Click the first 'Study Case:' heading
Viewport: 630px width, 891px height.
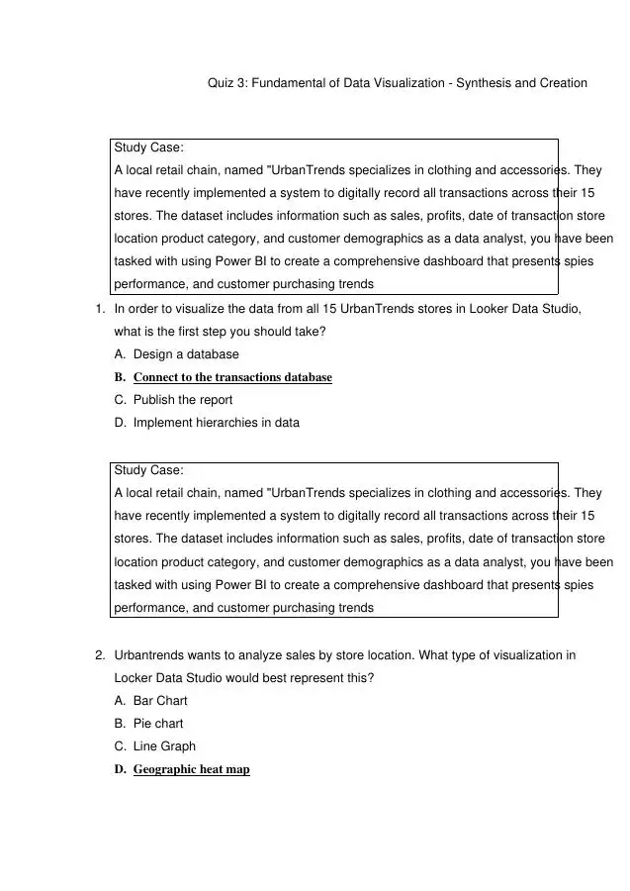pos(148,148)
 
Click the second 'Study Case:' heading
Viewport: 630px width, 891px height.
pos(148,470)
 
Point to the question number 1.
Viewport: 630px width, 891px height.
pos(100,309)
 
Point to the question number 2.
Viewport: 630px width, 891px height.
pos(100,655)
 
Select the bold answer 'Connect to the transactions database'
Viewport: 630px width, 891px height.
pos(232,377)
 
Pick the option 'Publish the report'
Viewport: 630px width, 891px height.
pos(183,400)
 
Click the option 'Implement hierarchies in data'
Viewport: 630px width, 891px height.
pos(216,423)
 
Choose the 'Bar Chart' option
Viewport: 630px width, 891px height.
pos(160,701)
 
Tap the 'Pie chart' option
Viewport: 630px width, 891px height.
pos(158,724)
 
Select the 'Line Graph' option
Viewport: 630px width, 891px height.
pos(164,746)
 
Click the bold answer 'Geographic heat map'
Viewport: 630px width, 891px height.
pos(191,769)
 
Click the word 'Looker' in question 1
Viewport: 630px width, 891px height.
pos(445,309)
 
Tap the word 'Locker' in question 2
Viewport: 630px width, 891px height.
pos(135,678)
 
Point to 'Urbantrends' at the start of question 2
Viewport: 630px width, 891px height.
pos(147,655)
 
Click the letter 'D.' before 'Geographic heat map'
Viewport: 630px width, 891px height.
pos(121,769)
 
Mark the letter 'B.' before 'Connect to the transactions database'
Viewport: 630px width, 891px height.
pos(121,377)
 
